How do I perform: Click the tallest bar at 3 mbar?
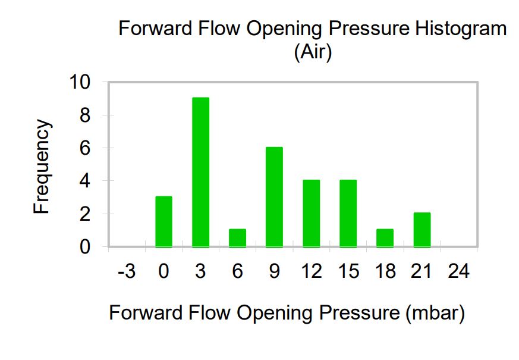(200, 172)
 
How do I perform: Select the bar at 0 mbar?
(164, 221)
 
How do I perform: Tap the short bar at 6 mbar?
(237, 238)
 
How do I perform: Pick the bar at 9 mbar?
(275, 197)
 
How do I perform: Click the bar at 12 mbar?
(311, 213)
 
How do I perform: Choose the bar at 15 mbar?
(348, 213)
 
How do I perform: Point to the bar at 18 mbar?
(385, 238)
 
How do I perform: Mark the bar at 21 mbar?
(422, 230)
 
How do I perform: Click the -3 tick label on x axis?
(127, 271)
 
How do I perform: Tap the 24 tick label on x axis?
(459, 271)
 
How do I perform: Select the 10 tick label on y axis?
(80, 82)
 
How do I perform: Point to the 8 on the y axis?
(85, 115)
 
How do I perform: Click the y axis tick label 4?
(85, 181)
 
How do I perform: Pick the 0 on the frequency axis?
(85, 247)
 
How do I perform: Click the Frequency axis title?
(42, 167)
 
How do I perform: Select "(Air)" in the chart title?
(313, 52)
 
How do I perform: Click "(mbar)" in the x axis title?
(435, 313)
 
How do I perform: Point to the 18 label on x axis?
(385, 271)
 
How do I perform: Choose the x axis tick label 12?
(312, 271)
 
